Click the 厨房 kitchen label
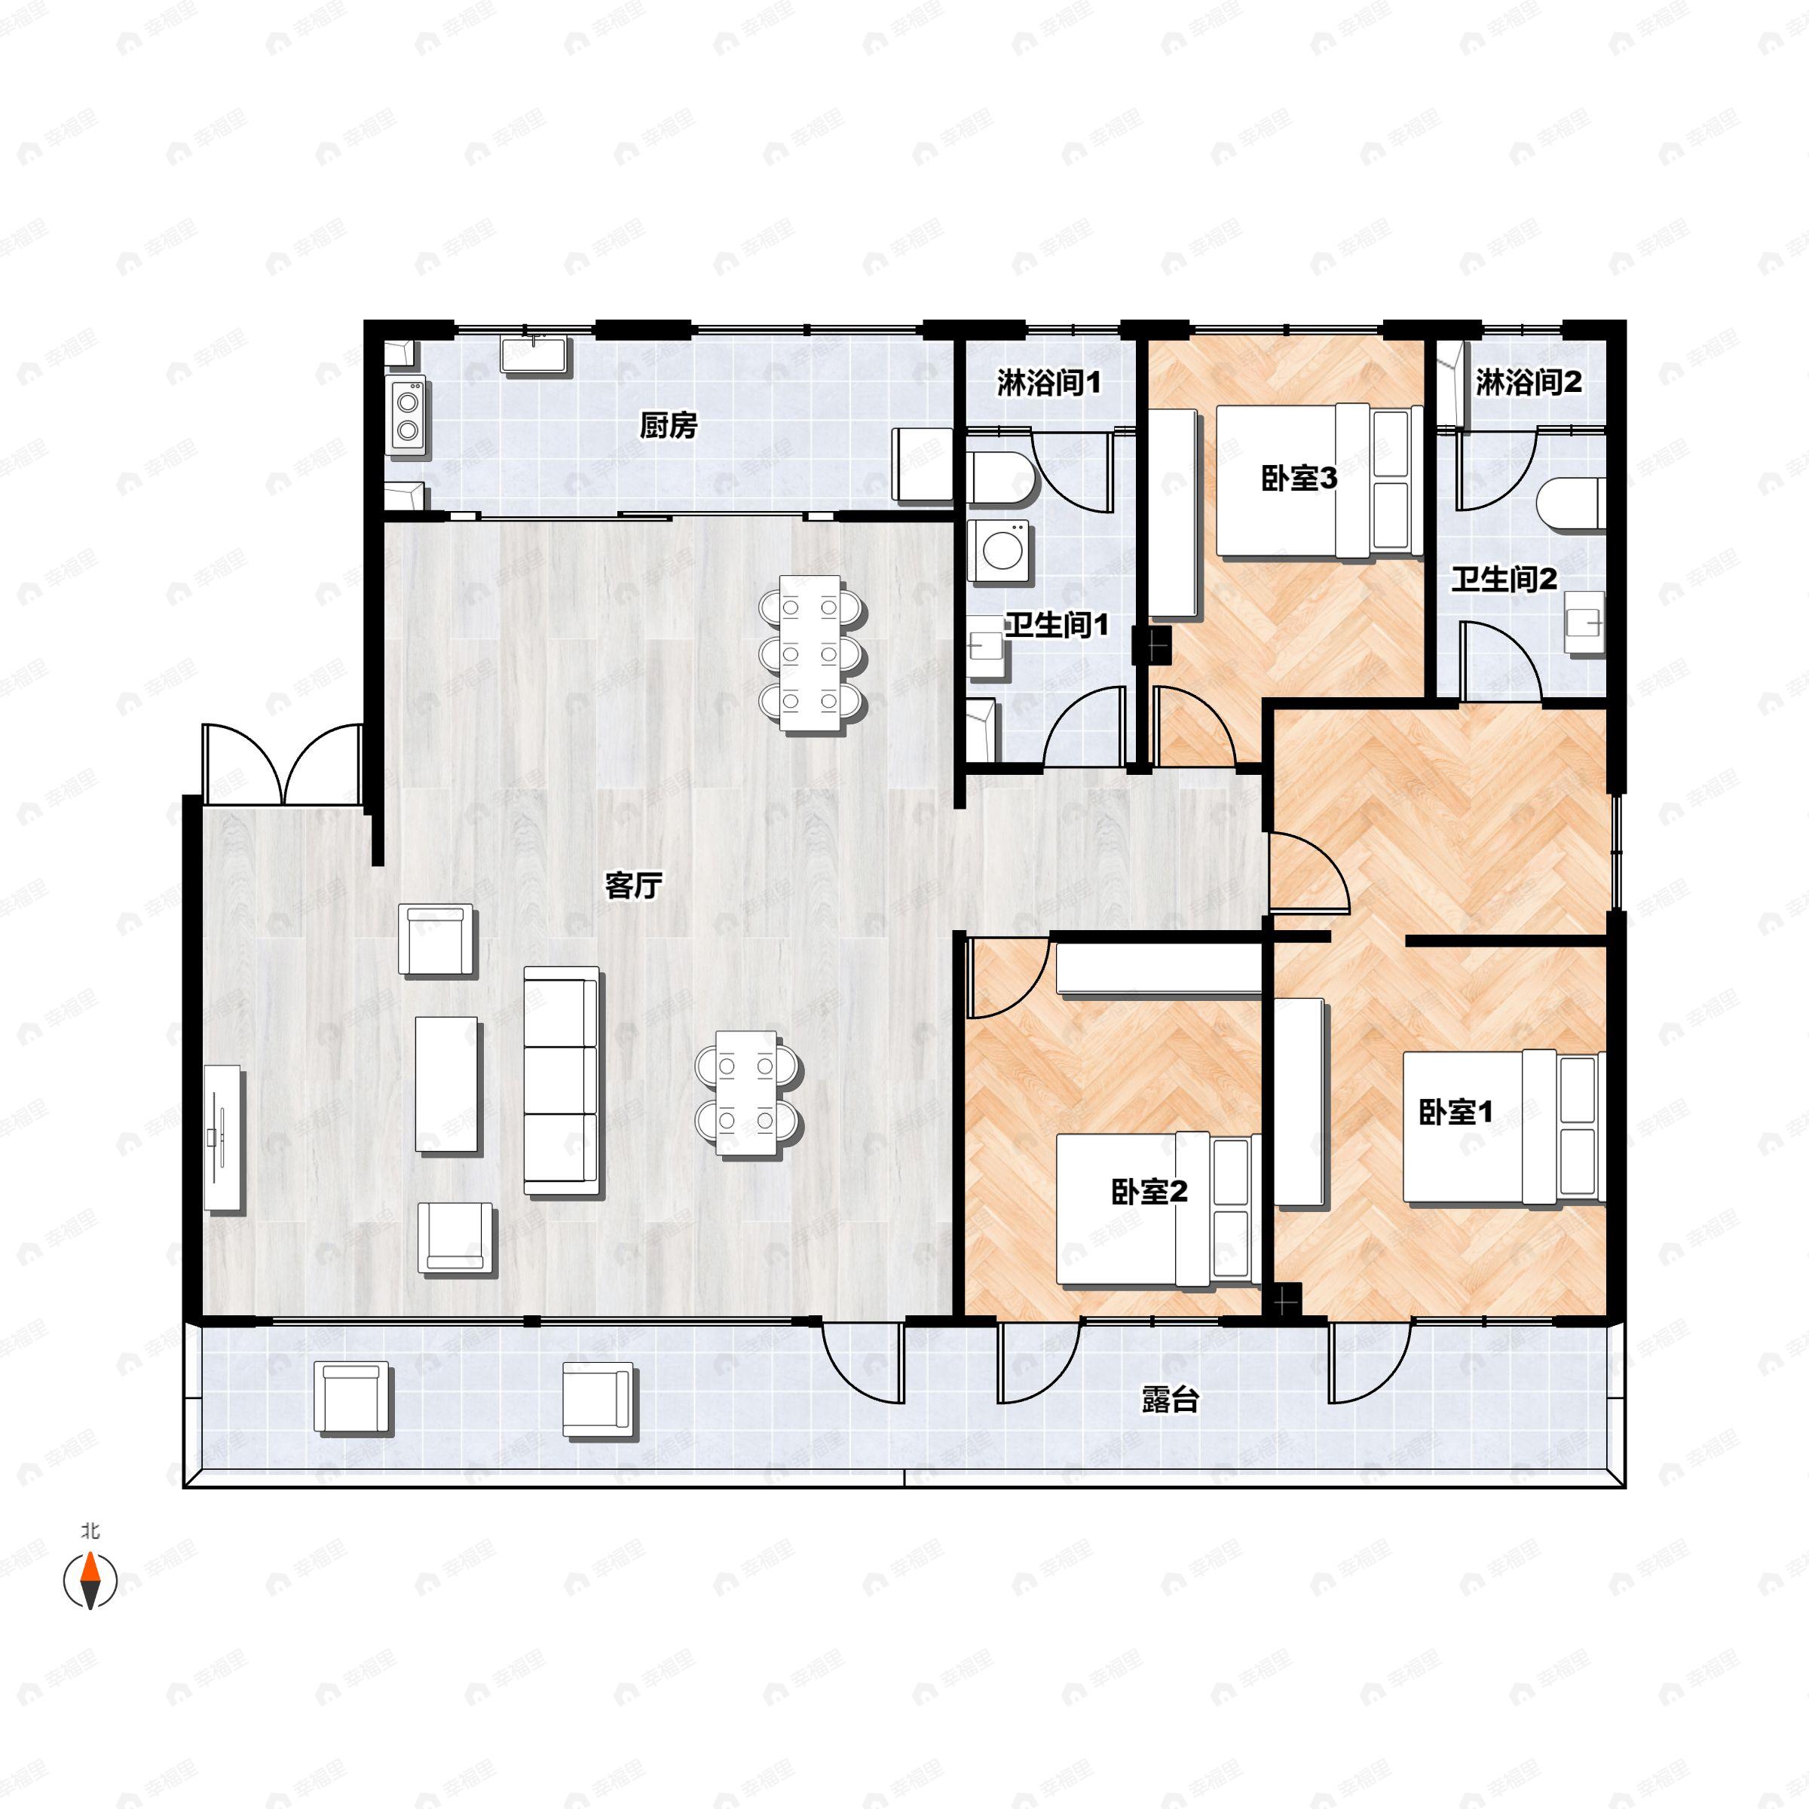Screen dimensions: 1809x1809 tap(669, 426)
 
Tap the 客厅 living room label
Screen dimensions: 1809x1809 tap(634, 885)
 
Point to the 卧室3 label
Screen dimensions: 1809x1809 tap(1299, 479)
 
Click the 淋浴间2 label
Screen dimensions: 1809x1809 tap(1528, 382)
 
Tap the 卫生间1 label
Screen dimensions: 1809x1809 tap(1057, 625)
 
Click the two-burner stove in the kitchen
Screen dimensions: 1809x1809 tap(407, 417)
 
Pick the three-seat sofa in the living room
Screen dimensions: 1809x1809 tap(561, 1081)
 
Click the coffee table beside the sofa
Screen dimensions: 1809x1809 tap(448, 1085)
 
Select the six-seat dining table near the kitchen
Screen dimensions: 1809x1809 tap(810, 653)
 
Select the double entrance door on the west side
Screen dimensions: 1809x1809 tap(282, 765)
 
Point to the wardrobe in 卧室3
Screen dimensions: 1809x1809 tap(1174, 513)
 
